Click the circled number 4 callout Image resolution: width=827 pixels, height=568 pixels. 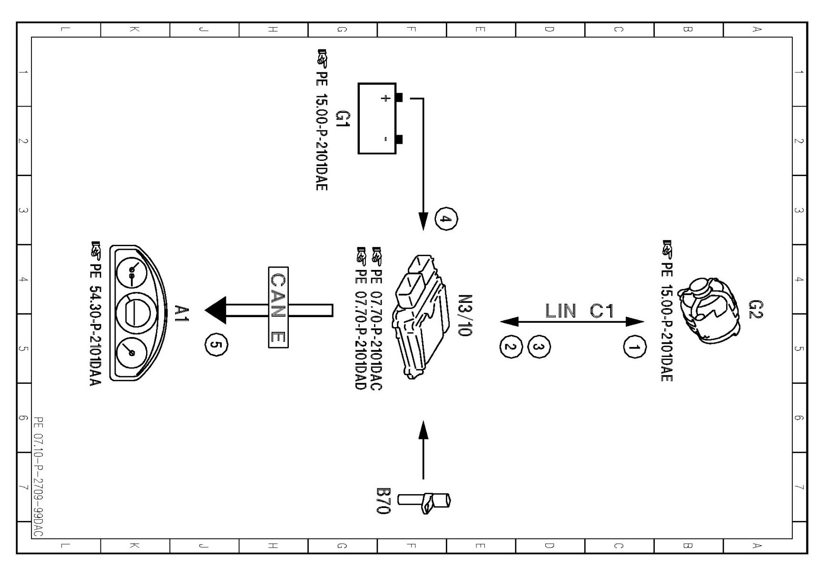point(446,219)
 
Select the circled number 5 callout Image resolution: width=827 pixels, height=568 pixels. point(216,346)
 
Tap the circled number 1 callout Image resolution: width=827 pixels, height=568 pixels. point(635,348)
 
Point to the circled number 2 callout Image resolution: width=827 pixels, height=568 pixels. point(511,347)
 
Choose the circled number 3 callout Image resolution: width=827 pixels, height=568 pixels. point(539,347)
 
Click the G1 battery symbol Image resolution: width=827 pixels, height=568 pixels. point(377,119)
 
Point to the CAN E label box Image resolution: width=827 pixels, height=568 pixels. point(278,307)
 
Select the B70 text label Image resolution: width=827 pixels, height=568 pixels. point(383,500)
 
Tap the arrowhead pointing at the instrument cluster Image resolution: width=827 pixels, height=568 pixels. point(215,310)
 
